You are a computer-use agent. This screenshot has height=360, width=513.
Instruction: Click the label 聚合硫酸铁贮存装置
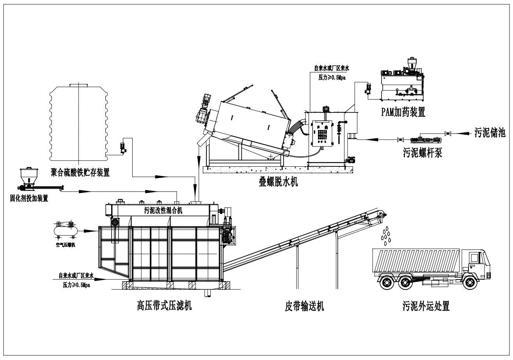click(x=80, y=171)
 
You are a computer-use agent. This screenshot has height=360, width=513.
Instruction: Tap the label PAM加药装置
click(x=403, y=113)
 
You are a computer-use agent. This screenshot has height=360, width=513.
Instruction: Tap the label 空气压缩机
click(x=65, y=245)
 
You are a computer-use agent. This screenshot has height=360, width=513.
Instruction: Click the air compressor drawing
click(x=64, y=228)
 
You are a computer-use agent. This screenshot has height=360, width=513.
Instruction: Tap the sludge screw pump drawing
click(x=424, y=139)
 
